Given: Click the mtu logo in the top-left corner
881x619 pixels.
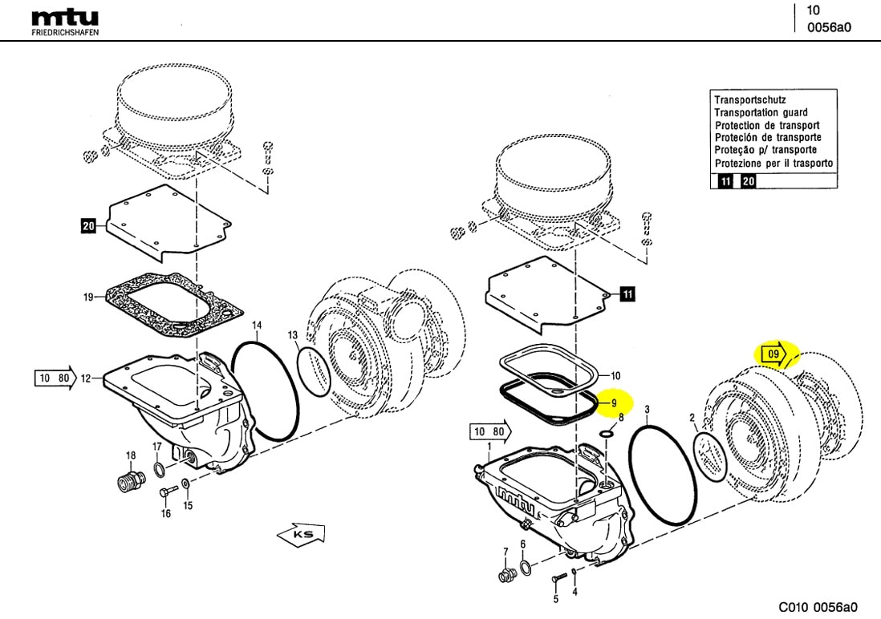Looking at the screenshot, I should [66, 20].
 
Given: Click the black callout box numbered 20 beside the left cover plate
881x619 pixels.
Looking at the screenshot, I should [88, 227].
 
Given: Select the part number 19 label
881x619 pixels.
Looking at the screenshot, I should [89, 297].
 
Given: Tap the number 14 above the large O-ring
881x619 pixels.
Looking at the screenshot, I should [257, 326].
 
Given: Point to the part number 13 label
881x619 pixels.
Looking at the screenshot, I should [294, 334].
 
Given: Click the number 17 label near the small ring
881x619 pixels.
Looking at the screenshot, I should [157, 447].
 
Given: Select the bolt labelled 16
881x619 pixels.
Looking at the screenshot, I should [166, 491].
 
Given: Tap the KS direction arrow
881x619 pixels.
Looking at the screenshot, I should [300, 534].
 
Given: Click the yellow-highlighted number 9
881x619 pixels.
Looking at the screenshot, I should [613, 403].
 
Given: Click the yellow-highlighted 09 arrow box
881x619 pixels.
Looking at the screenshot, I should [773, 354].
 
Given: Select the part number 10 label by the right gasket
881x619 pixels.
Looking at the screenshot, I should [615, 375].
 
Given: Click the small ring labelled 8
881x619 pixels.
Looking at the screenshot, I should [607, 434].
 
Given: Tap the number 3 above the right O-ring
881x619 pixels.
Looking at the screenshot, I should [647, 410].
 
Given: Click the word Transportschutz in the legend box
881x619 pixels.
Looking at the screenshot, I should [745, 100].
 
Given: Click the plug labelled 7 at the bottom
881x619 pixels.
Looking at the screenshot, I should [507, 574].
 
